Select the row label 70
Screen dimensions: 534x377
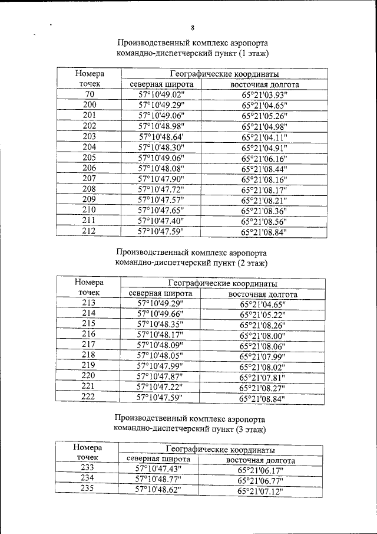click(90, 94)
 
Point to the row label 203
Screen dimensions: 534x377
click(90, 136)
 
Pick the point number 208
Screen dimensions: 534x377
click(90, 189)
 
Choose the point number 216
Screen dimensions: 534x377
click(89, 334)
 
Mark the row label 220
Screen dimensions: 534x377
click(89, 376)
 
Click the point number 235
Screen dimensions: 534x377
click(88, 489)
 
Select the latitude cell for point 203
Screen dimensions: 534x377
click(161, 136)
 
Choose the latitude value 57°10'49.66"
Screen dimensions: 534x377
click(160, 313)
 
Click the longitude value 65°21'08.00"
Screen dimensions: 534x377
click(262, 335)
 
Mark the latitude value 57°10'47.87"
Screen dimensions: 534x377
click(160, 376)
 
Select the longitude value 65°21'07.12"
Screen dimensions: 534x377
click(260, 491)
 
